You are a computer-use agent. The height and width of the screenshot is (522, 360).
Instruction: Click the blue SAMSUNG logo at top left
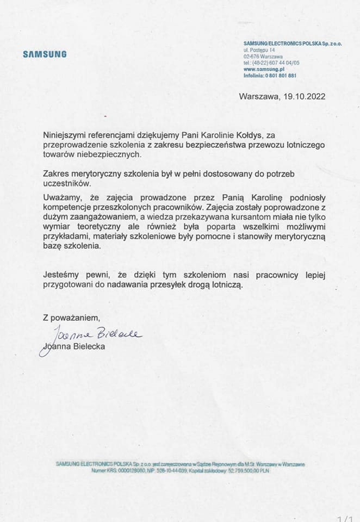(45, 54)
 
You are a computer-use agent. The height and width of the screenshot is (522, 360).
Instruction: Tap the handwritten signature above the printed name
(92, 334)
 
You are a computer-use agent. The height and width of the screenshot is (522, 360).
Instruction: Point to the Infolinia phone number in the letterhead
(281, 76)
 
